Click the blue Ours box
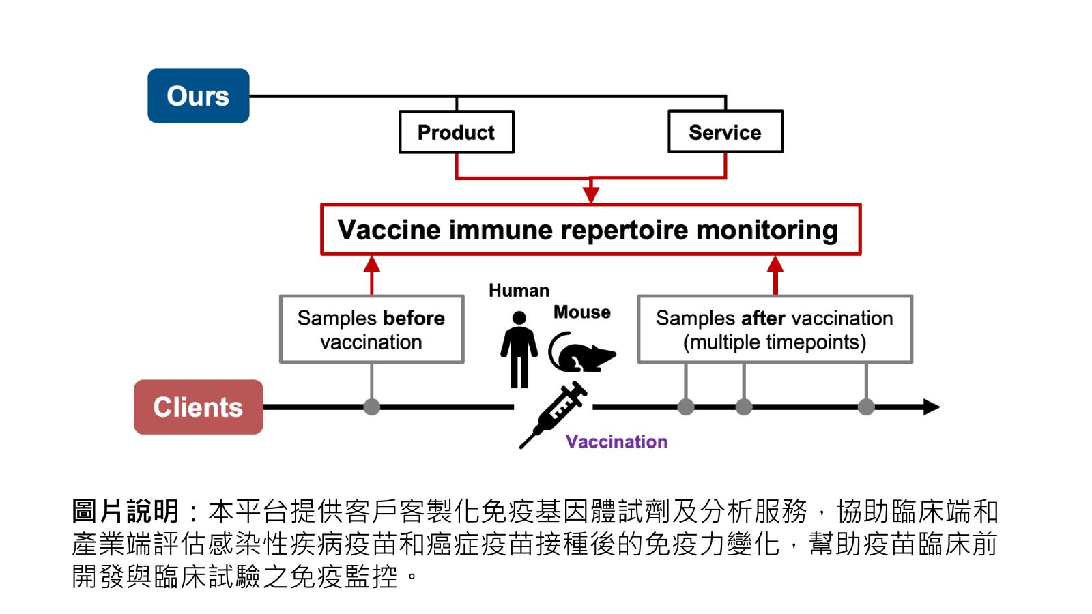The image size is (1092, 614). [198, 96]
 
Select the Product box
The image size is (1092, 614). [456, 132]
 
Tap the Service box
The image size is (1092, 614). [725, 132]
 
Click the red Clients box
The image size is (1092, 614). [198, 407]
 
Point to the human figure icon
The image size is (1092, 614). [519, 349]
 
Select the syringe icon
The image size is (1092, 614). [554, 413]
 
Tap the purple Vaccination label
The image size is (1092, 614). [616, 442]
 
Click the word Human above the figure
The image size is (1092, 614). [519, 291]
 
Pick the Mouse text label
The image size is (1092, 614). [581, 312]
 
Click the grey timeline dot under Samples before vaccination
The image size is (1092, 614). [371, 407]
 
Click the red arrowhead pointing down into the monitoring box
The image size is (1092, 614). [591, 194]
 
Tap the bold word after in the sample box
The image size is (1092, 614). [762, 319]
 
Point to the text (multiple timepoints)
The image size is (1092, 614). [775, 342]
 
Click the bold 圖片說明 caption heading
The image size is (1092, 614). [125, 511]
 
